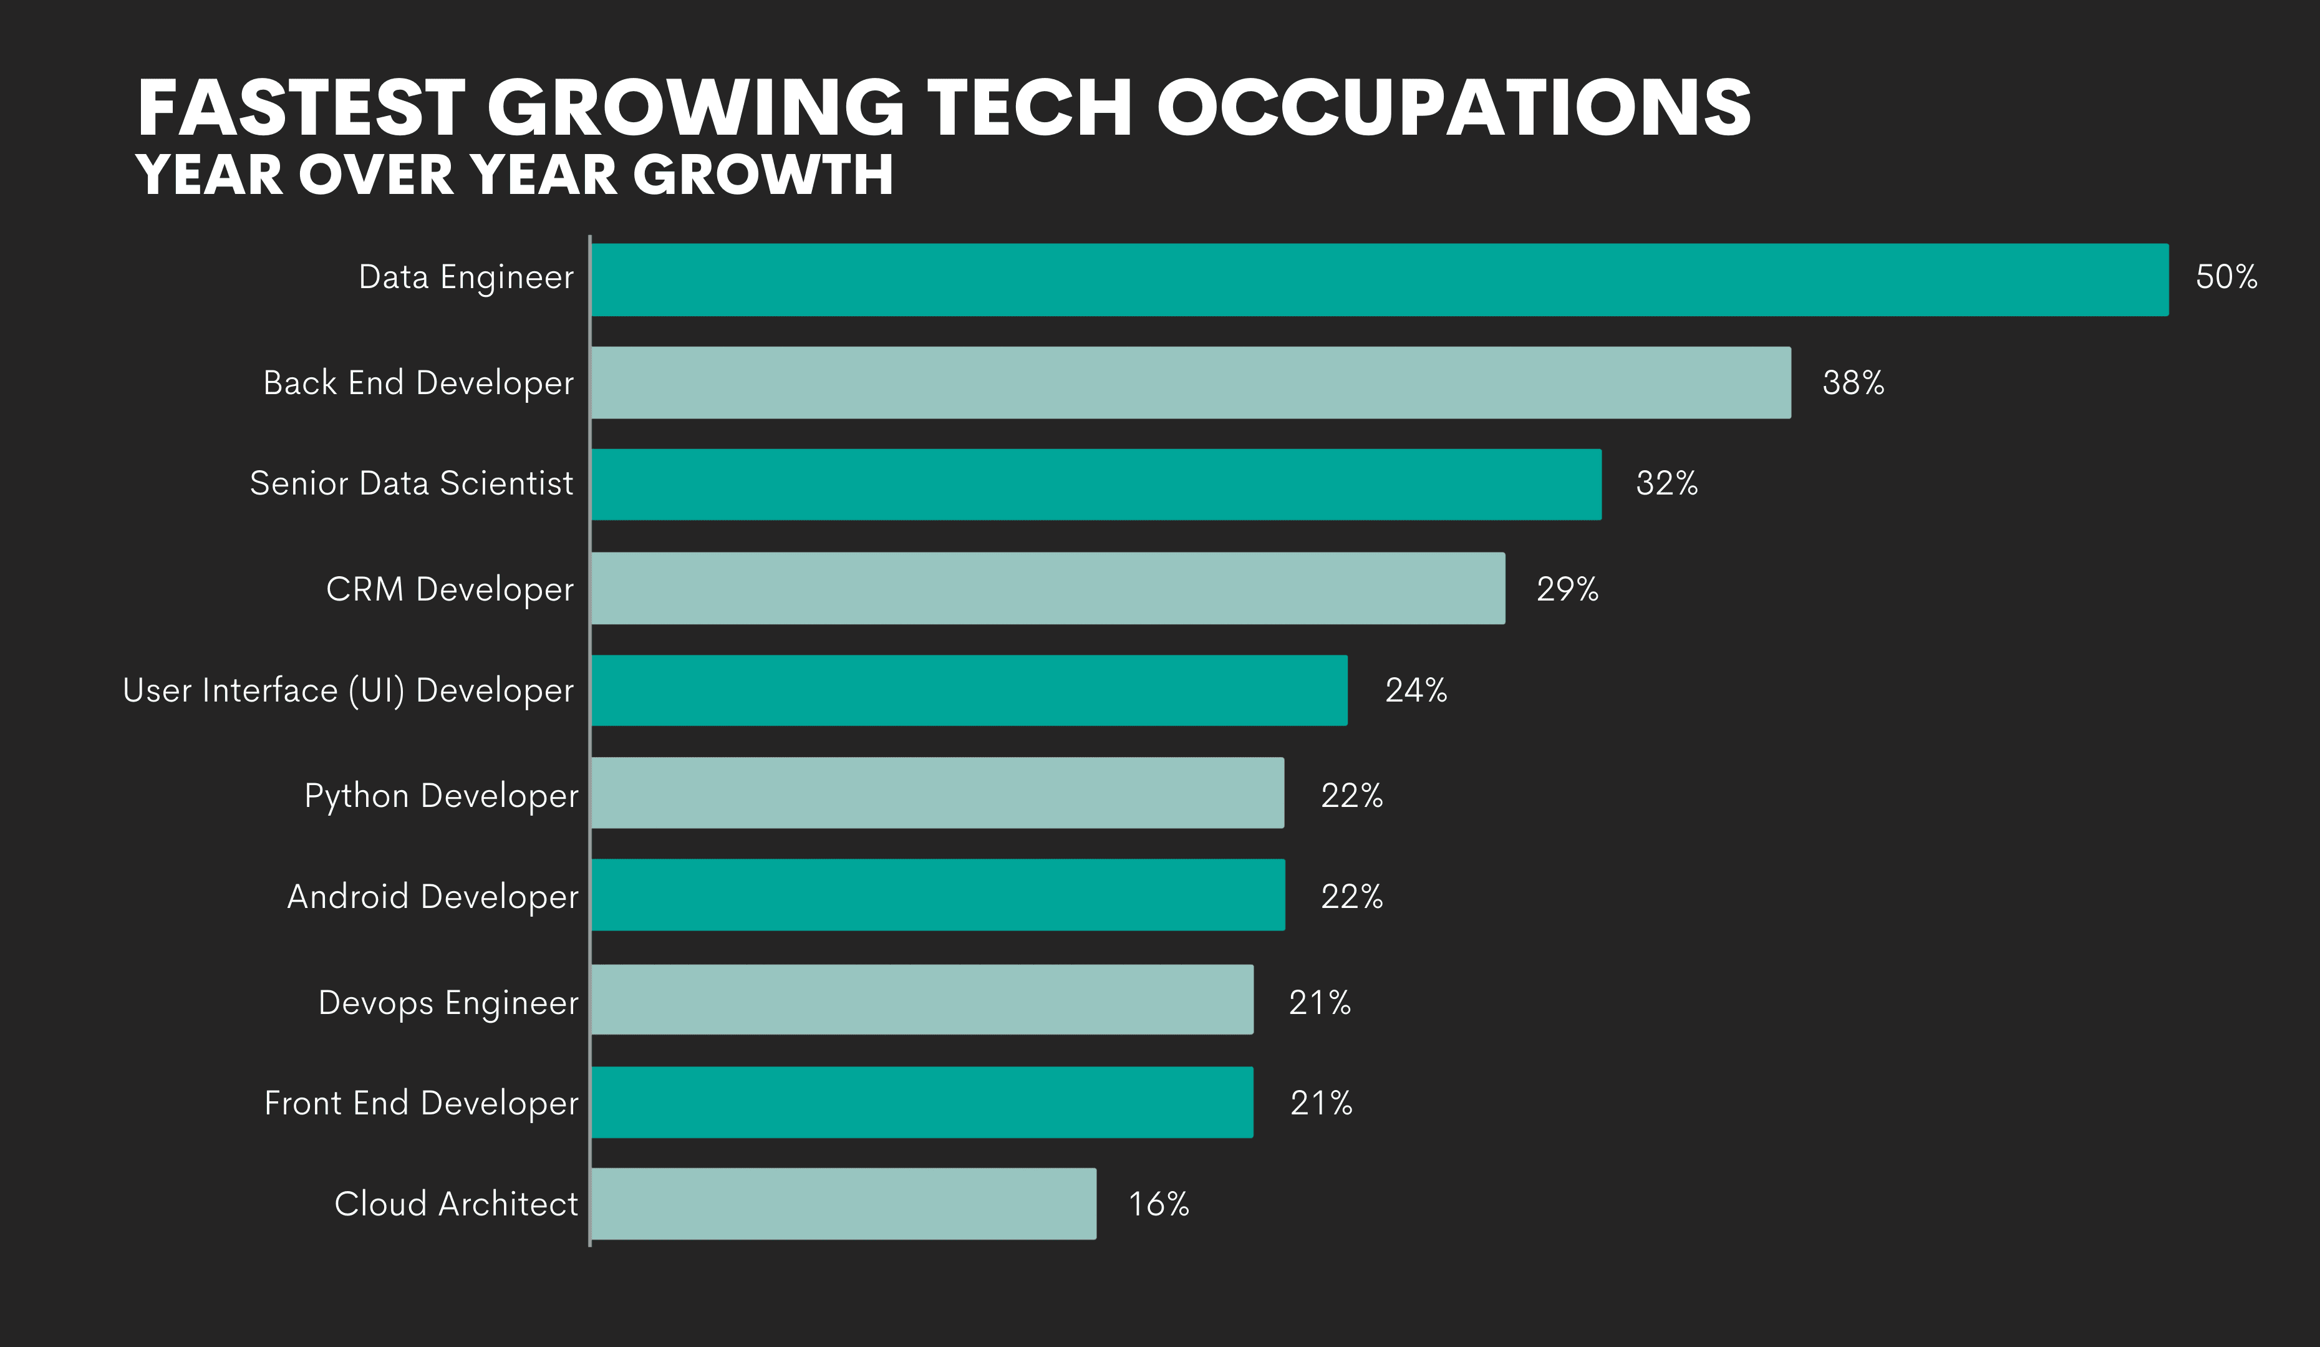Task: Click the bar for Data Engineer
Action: [x=1379, y=280]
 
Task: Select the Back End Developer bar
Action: [x=1191, y=383]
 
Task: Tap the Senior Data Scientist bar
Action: [x=1096, y=485]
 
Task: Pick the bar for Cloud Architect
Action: [x=843, y=1204]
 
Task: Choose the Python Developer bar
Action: [x=937, y=793]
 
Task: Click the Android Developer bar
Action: [x=937, y=895]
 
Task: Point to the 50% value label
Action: [x=2226, y=277]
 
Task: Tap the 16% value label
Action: [x=1158, y=1204]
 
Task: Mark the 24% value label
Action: [x=1416, y=690]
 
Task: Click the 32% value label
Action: [x=1666, y=483]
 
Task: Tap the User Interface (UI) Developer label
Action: [x=348, y=690]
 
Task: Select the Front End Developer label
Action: [x=421, y=1103]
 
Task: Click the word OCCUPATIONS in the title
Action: [x=1454, y=108]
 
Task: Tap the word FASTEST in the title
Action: [x=302, y=108]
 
